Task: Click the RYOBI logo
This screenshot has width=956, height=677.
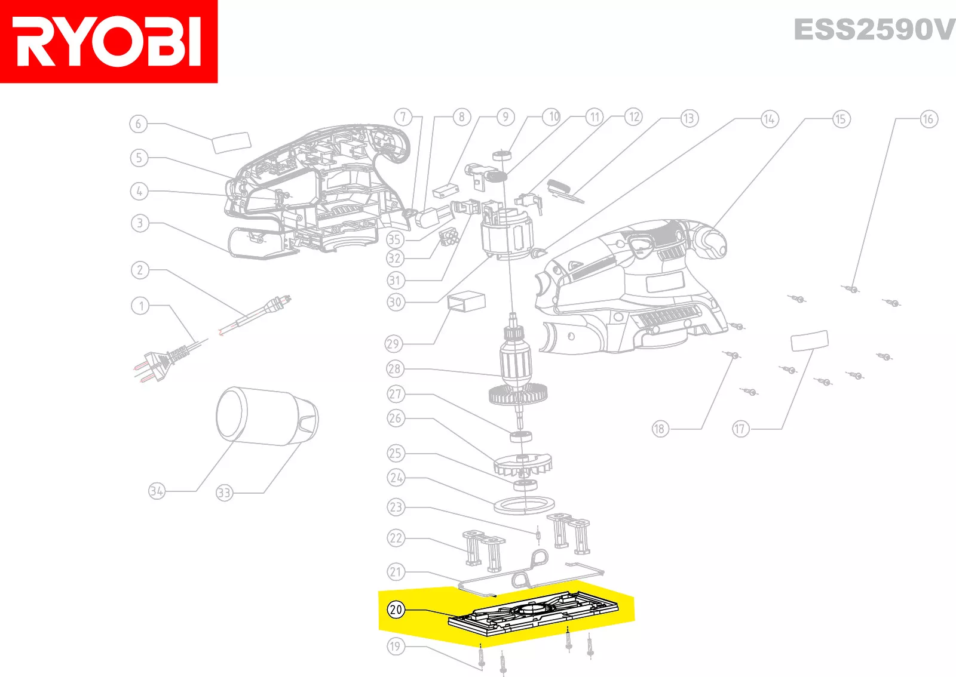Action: [108, 41]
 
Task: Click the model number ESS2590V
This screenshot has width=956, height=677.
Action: [875, 29]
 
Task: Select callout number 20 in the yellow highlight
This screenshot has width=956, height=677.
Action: [396, 609]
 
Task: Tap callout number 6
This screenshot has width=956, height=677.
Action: [138, 124]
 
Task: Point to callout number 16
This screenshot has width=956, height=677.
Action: [929, 119]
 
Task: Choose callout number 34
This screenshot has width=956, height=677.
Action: [157, 491]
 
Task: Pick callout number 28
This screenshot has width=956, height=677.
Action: [395, 369]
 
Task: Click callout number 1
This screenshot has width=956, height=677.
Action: [140, 306]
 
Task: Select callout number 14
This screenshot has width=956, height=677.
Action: [770, 119]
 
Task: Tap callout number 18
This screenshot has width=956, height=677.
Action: [660, 429]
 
